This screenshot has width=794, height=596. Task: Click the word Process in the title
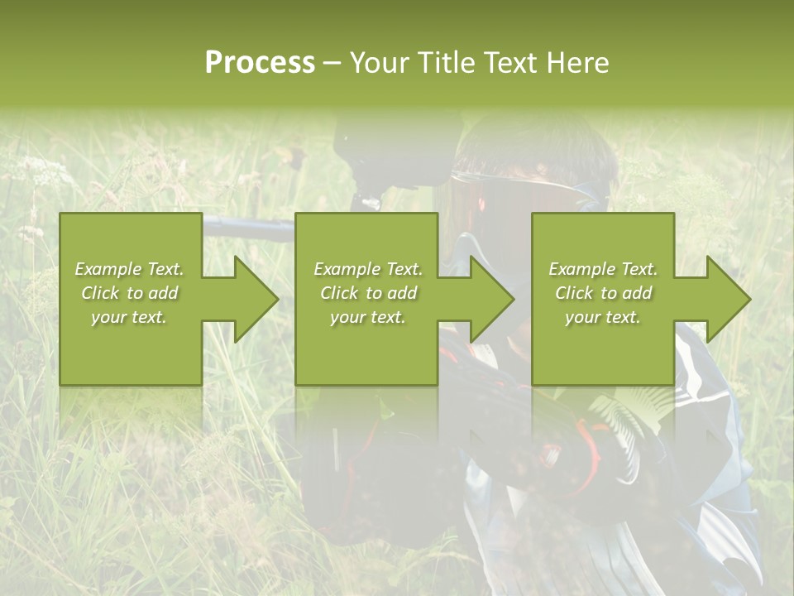pyautogui.click(x=260, y=63)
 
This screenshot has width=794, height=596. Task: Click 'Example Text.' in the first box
pyautogui.click(x=129, y=269)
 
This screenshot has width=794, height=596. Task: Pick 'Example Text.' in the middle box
pyautogui.click(x=368, y=269)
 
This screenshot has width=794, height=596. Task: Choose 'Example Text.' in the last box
pyautogui.click(x=603, y=269)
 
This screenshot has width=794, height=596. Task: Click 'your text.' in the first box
pyautogui.click(x=129, y=317)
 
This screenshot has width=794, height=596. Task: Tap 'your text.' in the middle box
pyautogui.click(x=368, y=317)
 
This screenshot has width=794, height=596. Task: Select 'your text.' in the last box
pyautogui.click(x=603, y=317)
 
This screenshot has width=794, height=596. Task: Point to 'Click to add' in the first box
pyautogui.click(x=129, y=293)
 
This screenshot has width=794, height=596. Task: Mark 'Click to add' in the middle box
pyautogui.click(x=368, y=293)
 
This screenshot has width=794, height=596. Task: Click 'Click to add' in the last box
pyautogui.click(x=603, y=293)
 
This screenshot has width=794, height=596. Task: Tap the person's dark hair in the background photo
pyautogui.click(x=538, y=149)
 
